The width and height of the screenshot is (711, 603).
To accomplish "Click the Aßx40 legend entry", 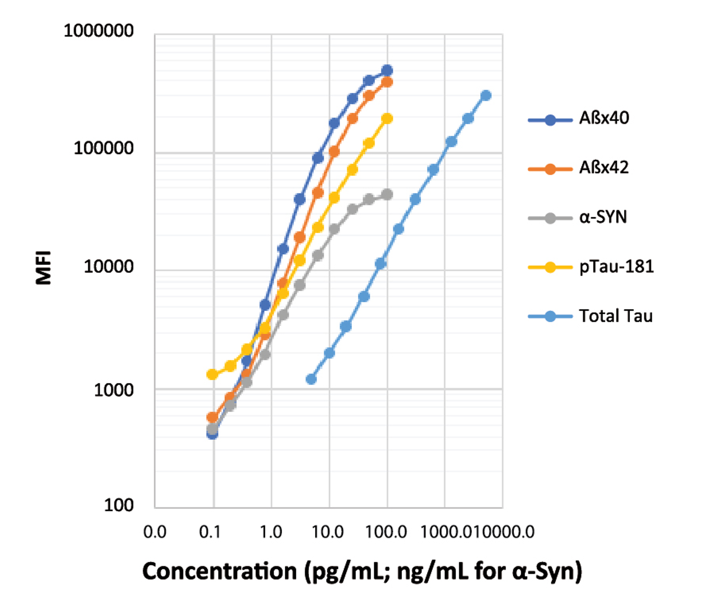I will click(x=604, y=118).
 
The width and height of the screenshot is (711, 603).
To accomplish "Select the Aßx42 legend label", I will click(x=604, y=168).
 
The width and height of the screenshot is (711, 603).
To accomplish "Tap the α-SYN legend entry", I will click(x=603, y=217).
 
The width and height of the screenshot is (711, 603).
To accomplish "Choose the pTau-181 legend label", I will click(x=616, y=266).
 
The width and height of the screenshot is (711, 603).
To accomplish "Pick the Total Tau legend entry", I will click(x=615, y=316).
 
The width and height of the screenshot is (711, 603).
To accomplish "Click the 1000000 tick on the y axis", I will click(x=99, y=31).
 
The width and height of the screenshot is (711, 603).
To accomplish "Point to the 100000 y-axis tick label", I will click(x=103, y=149).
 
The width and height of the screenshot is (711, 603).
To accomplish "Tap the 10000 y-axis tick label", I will click(x=108, y=267).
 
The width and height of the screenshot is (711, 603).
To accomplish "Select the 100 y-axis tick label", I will click(x=118, y=505).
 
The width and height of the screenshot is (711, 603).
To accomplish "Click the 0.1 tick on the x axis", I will click(x=210, y=532).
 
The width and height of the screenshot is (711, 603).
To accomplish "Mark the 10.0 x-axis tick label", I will click(x=327, y=532).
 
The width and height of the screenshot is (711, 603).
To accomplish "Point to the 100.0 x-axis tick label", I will click(x=386, y=532).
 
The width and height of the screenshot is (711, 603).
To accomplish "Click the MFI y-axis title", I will click(x=43, y=268).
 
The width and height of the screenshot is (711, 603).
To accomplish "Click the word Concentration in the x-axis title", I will click(x=219, y=571).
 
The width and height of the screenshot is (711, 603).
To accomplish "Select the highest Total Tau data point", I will click(x=486, y=96).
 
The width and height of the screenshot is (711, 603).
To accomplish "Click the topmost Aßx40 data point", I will click(x=387, y=70).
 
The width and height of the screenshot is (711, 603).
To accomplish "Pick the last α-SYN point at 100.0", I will click(x=387, y=194).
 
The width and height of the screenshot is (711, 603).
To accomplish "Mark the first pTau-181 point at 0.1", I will click(x=212, y=374).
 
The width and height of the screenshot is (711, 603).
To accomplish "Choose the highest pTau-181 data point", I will click(x=387, y=119).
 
